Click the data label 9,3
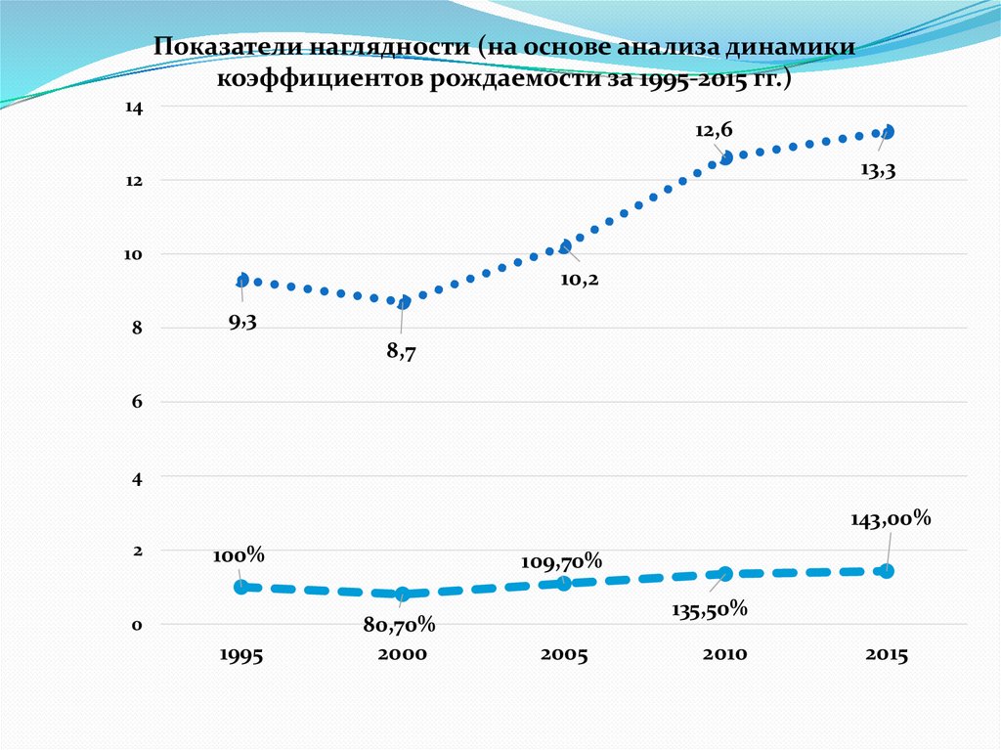[242, 322]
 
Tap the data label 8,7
[401, 352]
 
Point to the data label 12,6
[714, 129]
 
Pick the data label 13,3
[878, 169]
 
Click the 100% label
[239, 554]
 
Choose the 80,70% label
[401, 624]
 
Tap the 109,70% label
[560, 561]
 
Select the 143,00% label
[891, 519]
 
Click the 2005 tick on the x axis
[563, 655]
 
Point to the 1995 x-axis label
[240, 655]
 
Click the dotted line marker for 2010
[725, 157]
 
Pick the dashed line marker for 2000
[402, 594]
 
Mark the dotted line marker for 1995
[241, 281]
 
